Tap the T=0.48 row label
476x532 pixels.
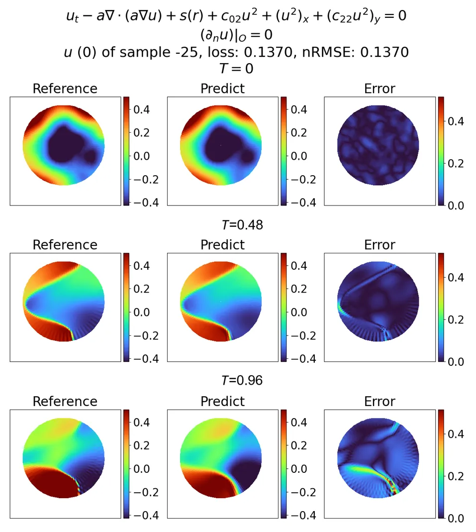pos(242,225)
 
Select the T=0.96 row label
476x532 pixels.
pos(242,381)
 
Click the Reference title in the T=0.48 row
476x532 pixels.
pos(65,245)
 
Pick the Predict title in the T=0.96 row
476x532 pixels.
pos(222,402)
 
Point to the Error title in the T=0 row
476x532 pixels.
pos(380,89)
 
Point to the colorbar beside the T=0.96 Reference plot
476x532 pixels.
pos(126,463)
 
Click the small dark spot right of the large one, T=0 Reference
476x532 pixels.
pos(90,156)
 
